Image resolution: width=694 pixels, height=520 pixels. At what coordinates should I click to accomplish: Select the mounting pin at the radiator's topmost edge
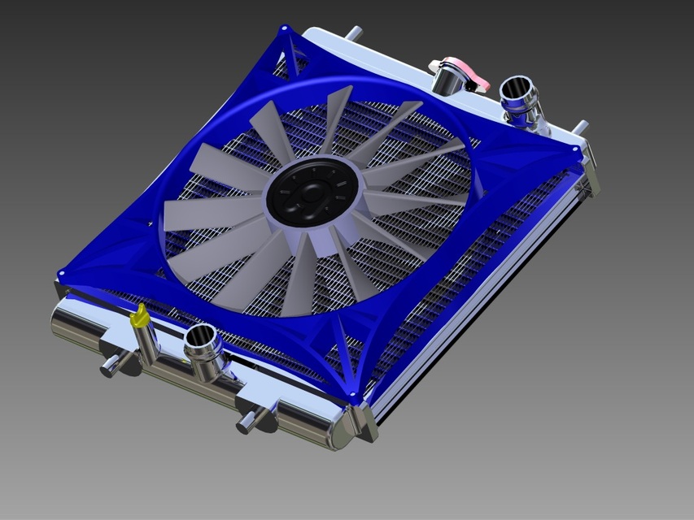(x=355, y=33)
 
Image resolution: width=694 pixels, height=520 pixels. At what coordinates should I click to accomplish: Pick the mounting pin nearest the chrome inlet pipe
(x=579, y=128)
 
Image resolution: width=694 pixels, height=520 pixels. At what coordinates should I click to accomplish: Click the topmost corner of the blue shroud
(x=285, y=29)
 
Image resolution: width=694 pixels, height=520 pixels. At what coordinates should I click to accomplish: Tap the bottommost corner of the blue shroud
(x=353, y=398)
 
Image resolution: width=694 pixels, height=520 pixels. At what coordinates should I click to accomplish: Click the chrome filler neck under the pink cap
(x=447, y=82)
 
